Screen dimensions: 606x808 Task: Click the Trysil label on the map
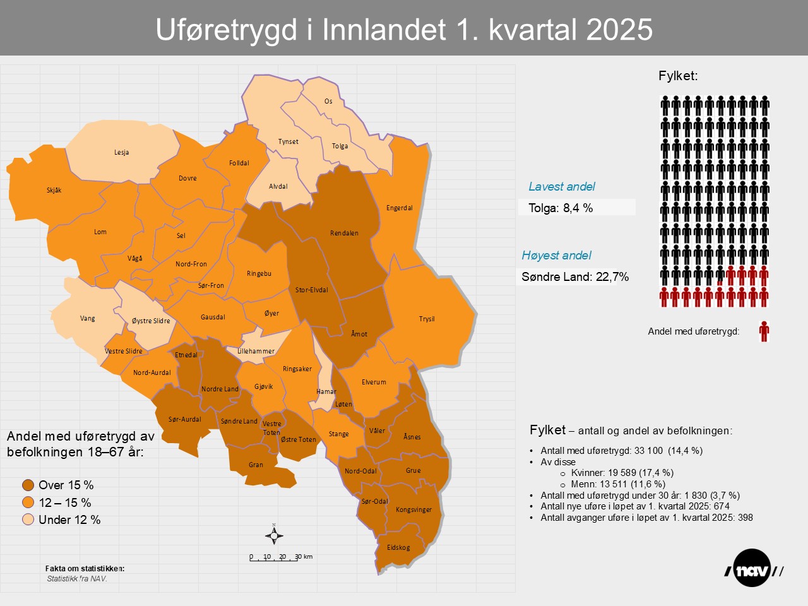point(427,319)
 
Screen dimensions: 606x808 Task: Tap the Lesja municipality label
point(121,152)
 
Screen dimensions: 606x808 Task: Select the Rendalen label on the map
point(344,233)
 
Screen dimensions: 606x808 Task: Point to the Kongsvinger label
point(413,509)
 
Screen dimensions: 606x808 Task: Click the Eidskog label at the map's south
point(398,547)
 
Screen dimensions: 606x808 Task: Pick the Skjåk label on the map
point(54,190)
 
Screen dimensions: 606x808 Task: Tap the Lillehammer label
point(256,351)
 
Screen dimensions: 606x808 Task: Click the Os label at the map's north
point(328,101)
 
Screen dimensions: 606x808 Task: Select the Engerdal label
point(400,208)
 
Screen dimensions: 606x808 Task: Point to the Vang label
point(88,318)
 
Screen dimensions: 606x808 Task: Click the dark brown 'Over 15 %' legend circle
point(28,485)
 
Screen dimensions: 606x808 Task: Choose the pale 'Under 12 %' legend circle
point(28,520)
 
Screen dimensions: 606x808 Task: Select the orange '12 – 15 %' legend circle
point(28,502)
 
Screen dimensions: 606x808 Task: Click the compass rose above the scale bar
point(274,535)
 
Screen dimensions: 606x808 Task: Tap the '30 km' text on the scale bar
point(304,557)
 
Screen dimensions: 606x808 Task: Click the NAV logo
point(753,569)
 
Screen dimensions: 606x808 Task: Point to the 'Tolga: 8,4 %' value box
point(576,208)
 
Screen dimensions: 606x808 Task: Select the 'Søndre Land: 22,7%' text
point(575,276)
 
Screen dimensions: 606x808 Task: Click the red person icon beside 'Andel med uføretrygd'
point(764,331)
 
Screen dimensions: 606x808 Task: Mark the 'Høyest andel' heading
point(556,255)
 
